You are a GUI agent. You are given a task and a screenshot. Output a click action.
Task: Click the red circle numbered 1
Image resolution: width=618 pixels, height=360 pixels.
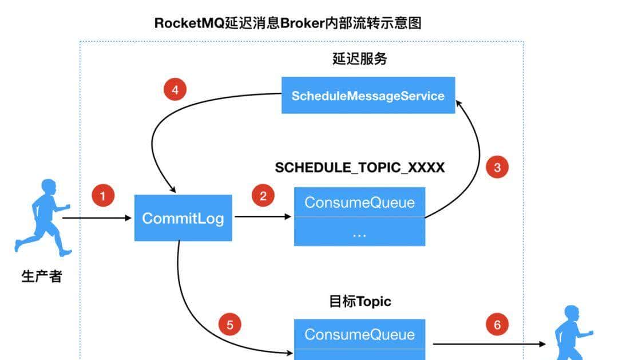tap(103, 196)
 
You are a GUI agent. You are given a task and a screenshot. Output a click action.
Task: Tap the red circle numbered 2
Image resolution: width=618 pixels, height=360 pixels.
tap(263, 196)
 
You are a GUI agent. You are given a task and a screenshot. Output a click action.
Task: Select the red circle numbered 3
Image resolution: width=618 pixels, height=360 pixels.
tap(497, 167)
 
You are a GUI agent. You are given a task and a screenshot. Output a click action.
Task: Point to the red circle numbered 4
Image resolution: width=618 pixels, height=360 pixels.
tap(175, 90)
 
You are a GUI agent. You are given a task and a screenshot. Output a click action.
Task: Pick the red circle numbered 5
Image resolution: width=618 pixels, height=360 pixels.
tap(230, 325)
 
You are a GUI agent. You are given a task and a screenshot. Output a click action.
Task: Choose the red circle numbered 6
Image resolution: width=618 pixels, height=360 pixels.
tap(497, 325)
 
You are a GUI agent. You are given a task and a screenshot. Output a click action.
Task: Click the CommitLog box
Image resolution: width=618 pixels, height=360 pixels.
tap(183, 218)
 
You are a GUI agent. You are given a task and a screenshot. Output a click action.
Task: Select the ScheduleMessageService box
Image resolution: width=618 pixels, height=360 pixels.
tap(368, 96)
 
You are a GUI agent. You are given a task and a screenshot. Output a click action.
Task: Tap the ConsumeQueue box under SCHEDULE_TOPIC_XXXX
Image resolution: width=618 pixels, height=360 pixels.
tap(359, 202)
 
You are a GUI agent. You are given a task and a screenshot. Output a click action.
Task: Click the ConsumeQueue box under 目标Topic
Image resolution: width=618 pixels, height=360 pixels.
tap(359, 334)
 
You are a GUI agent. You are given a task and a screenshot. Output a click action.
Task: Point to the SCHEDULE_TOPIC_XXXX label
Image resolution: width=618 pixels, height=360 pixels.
tap(359, 168)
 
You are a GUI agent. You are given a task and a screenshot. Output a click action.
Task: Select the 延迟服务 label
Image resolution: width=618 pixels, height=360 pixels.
tap(359, 58)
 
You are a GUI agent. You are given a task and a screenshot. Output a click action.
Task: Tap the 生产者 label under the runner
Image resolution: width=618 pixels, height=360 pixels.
tap(41, 278)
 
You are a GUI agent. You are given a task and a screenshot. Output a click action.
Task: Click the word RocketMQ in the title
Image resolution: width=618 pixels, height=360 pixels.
tap(189, 23)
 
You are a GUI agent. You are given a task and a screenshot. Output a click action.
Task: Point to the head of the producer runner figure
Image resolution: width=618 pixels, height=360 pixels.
tap(49, 188)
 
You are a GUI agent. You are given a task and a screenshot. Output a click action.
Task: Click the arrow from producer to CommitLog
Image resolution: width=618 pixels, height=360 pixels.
tap(97, 218)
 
